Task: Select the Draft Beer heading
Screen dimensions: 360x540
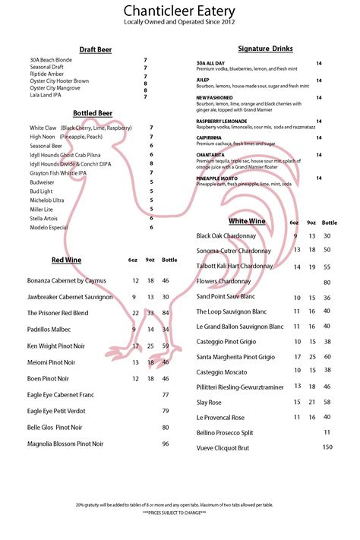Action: point(96,49)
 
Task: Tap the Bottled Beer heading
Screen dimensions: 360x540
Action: point(93,113)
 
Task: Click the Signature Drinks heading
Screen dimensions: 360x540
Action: point(265,49)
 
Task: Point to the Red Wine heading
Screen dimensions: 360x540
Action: point(66,260)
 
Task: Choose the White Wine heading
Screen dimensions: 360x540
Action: point(247,221)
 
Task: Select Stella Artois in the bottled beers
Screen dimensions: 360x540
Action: point(46,218)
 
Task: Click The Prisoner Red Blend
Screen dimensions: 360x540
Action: point(58,313)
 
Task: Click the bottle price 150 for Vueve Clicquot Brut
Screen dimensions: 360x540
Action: point(327,447)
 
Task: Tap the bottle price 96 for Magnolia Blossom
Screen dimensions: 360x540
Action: point(166,444)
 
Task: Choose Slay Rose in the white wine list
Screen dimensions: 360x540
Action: point(209,402)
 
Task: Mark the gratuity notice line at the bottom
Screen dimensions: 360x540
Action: point(179,504)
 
